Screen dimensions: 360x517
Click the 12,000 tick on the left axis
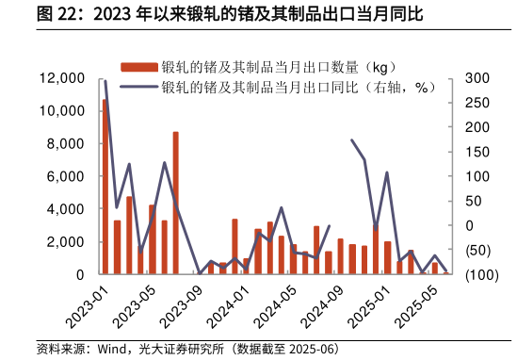pos(62,78)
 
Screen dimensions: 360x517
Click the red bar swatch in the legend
pos(139,67)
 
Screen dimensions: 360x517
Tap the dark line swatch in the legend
pos(139,87)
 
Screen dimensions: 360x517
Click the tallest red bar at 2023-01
pos(105,187)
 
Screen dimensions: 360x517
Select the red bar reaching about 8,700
pos(175,203)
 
